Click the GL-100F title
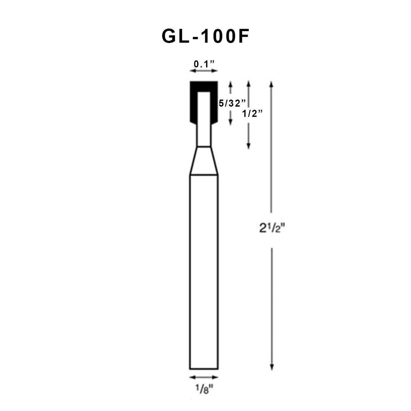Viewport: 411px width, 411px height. pyautogui.click(x=205, y=37)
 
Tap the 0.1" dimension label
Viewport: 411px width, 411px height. pyautogui.click(x=204, y=64)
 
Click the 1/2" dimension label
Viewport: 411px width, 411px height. pyautogui.click(x=253, y=114)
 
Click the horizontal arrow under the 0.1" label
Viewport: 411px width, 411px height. pyautogui.click(x=203, y=71)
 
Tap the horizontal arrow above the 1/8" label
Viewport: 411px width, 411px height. pyautogui.click(x=203, y=377)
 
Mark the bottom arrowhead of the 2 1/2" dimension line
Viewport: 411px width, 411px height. pyautogui.click(x=271, y=367)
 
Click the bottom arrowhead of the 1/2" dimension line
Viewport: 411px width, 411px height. pyautogui.click(x=248, y=146)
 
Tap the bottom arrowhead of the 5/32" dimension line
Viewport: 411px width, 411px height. pyautogui.click(x=231, y=123)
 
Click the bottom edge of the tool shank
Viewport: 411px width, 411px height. pyautogui.click(x=203, y=369)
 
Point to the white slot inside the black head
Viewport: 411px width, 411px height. pyautogui.click(x=203, y=108)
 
